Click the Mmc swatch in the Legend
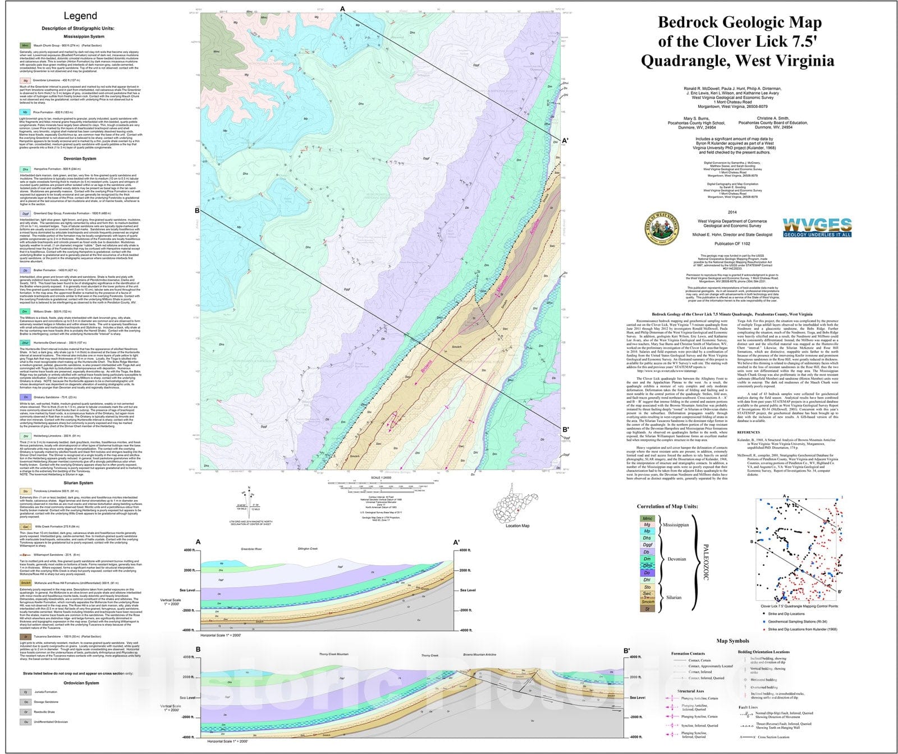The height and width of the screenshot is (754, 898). click(x=25, y=45)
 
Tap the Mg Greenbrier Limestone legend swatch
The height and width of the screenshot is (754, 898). click(x=25, y=81)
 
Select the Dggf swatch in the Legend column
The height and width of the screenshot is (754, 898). click(x=25, y=213)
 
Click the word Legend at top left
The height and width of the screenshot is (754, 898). click(x=80, y=16)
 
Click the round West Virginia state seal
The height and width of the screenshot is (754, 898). click(x=662, y=229)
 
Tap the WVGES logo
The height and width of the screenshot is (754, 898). click(x=817, y=227)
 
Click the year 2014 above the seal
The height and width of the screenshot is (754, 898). click(x=731, y=212)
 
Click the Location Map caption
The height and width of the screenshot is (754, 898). click(x=517, y=526)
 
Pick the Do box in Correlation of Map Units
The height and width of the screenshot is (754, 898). click(x=647, y=573)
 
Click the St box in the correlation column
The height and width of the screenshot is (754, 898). click(x=647, y=608)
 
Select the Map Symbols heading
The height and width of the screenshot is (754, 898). click(x=732, y=641)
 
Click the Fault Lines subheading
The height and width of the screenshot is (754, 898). click(x=752, y=707)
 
